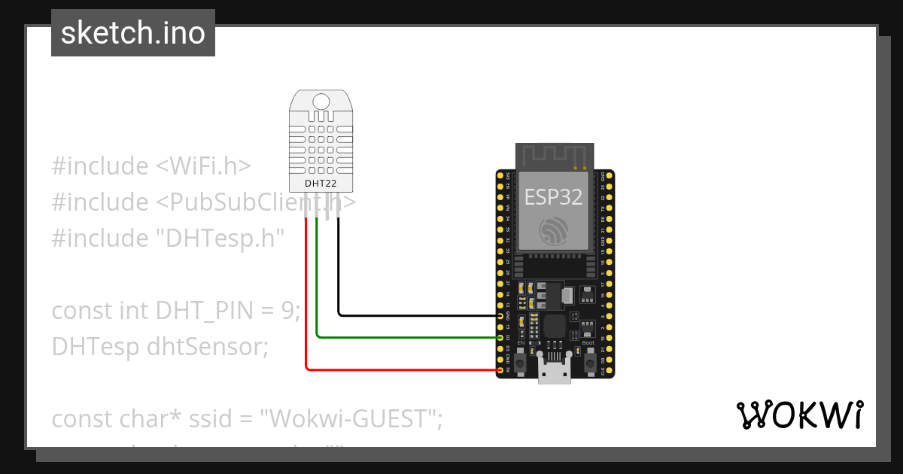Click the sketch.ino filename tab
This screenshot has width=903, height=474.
pyautogui.click(x=133, y=33)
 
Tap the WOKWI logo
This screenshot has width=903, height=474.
pyautogui.click(x=799, y=415)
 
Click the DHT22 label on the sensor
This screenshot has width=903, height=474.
pyautogui.click(x=321, y=183)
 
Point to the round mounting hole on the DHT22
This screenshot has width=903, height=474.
pyautogui.click(x=321, y=102)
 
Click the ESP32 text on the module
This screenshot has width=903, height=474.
pyautogui.click(x=553, y=197)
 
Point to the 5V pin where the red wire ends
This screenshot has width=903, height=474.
pyautogui.click(x=500, y=370)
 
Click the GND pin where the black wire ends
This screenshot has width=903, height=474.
pyautogui.click(x=500, y=316)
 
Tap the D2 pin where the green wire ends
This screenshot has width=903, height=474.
pyautogui.click(x=500, y=338)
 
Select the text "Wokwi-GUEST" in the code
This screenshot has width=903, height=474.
pyautogui.click(x=348, y=418)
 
